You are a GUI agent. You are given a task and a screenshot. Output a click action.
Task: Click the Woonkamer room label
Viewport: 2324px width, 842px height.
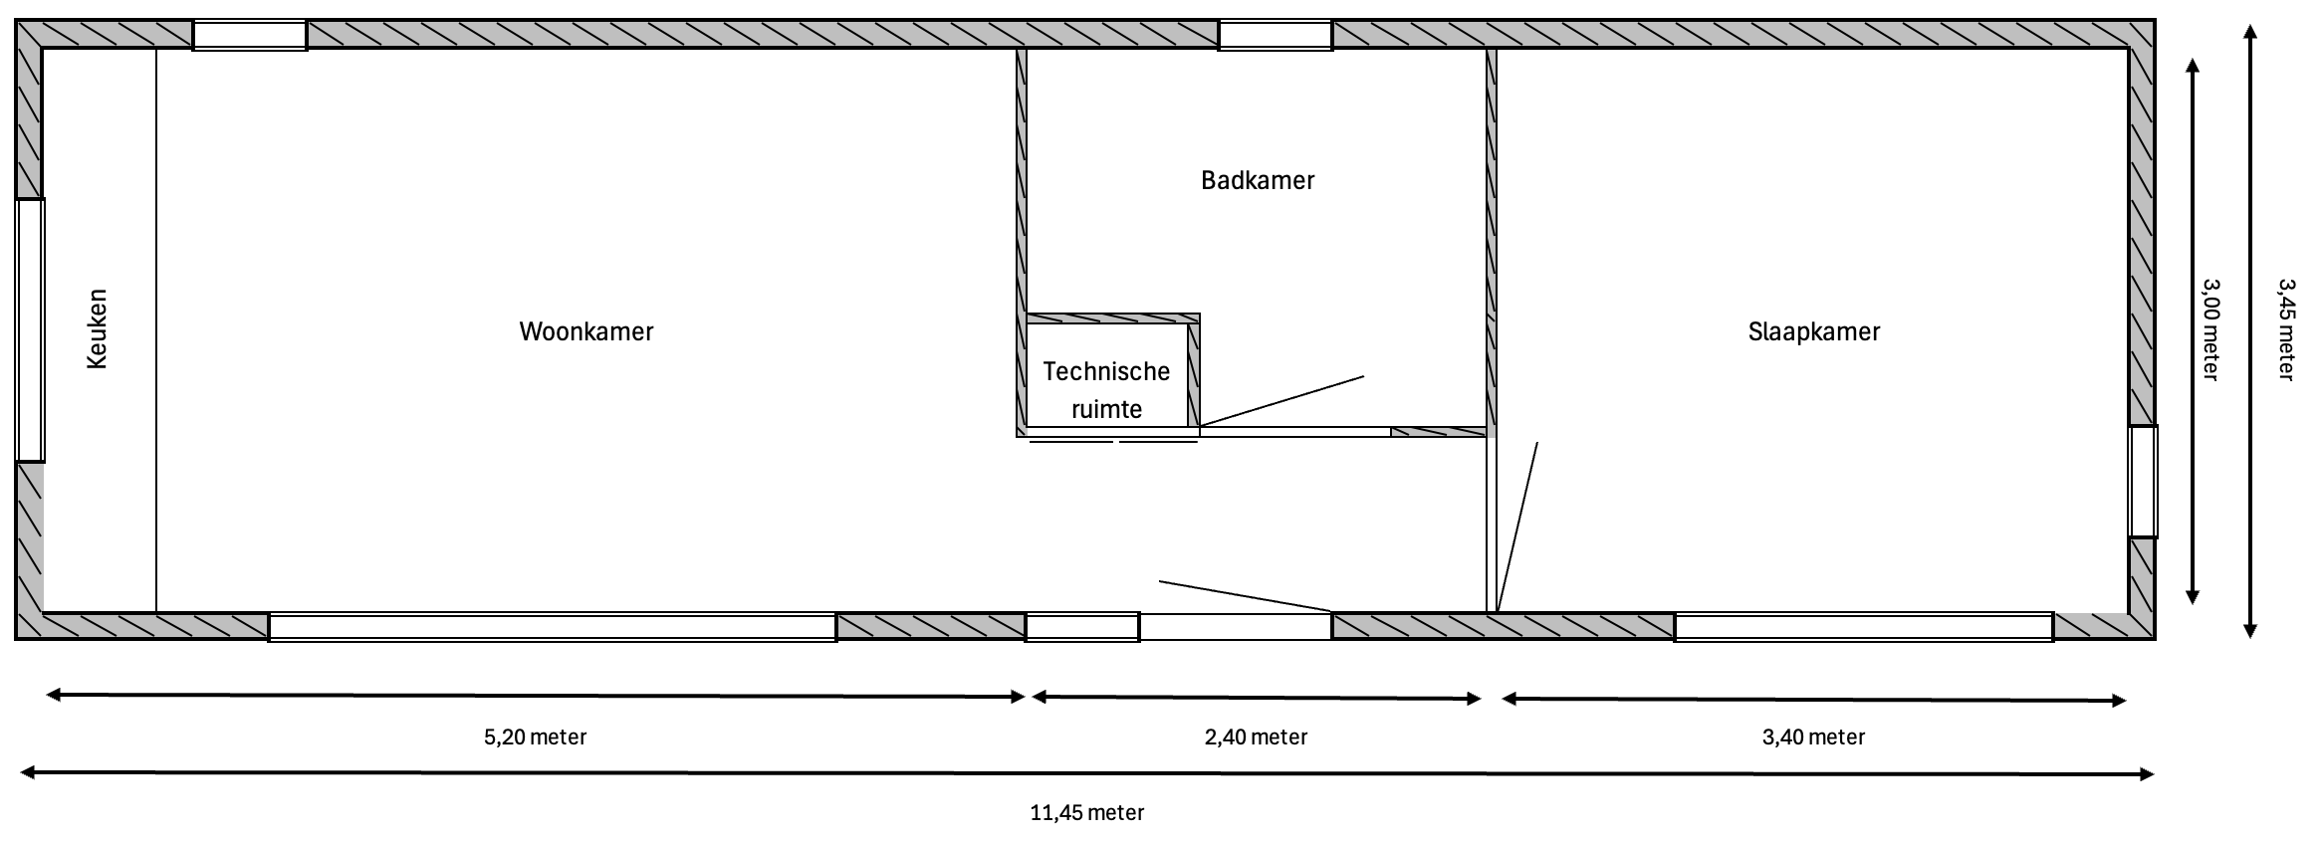pyautogui.click(x=586, y=331)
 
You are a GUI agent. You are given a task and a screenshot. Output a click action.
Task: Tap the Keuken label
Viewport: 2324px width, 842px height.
pyautogui.click(x=98, y=329)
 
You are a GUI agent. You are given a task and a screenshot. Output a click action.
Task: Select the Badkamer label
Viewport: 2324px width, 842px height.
pyautogui.click(x=1258, y=180)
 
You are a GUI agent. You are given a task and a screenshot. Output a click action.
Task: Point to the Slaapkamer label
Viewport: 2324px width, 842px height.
pyautogui.click(x=1813, y=331)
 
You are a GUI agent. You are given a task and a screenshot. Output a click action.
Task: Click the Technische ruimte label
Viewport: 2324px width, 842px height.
pyautogui.click(x=1106, y=390)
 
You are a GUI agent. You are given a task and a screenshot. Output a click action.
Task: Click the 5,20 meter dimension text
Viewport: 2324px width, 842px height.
pyautogui.click(x=535, y=737)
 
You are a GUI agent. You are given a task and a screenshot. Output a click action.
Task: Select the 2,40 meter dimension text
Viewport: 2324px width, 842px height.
pyautogui.click(x=1256, y=737)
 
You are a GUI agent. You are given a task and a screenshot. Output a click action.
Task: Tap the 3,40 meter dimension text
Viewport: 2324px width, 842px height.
pyautogui.click(x=1813, y=737)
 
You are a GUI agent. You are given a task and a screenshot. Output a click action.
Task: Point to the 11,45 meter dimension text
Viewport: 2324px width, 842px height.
pyautogui.click(x=1086, y=813)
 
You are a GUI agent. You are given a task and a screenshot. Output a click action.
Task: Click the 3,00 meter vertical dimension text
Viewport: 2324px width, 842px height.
pyautogui.click(x=2209, y=329)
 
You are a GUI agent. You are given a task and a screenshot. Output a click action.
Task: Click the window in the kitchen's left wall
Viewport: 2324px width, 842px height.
pyautogui.click(x=30, y=329)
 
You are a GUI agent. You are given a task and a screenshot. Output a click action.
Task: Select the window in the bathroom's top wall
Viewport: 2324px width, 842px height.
pyautogui.click(x=1276, y=35)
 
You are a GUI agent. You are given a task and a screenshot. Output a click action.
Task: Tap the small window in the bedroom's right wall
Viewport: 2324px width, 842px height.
pyautogui.click(x=2143, y=482)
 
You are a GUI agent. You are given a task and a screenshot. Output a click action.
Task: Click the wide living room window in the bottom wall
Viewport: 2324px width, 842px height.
pyautogui.click(x=553, y=627)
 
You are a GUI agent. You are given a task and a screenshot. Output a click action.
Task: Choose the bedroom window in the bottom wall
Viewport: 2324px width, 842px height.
pyautogui.click(x=1863, y=627)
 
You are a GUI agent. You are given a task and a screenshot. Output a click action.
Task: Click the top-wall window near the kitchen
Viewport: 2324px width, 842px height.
pyautogui.click(x=249, y=35)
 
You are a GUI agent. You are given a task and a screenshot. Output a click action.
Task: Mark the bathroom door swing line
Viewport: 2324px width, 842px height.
pyautogui.click(x=1282, y=401)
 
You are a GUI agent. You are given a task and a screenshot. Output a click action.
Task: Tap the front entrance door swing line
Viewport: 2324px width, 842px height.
pyautogui.click(x=1245, y=595)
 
